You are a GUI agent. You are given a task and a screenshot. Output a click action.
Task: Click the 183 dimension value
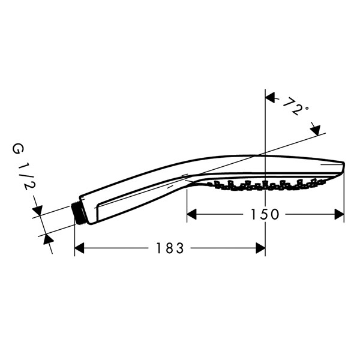point(170,248)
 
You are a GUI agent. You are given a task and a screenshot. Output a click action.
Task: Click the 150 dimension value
point(265,214)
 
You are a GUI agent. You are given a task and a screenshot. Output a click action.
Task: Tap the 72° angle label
point(295,106)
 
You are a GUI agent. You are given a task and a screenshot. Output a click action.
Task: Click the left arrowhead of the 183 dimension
point(79,248)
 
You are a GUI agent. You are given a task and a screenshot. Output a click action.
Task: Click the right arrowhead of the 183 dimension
point(260,248)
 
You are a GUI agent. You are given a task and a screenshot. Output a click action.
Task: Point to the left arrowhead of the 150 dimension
point(192,214)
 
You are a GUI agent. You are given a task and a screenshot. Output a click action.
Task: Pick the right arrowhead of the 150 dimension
point(340,214)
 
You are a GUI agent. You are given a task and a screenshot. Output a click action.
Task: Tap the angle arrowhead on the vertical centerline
point(270,98)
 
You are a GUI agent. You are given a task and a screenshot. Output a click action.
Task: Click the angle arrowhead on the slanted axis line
point(315,131)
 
